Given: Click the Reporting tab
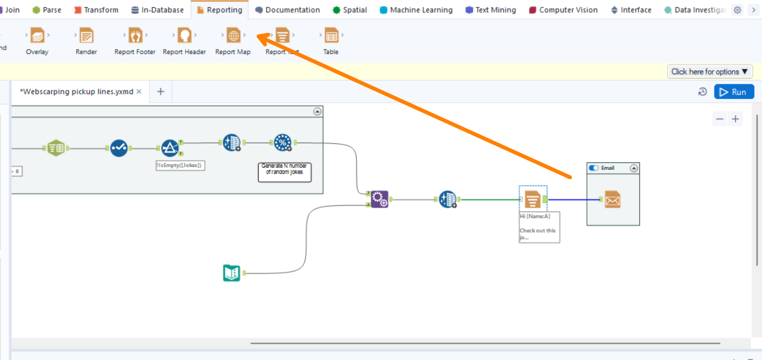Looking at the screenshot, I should [220, 10].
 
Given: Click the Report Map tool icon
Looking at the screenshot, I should [233, 36].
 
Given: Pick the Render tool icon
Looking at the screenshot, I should [86, 36].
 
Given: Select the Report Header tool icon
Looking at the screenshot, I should [184, 36].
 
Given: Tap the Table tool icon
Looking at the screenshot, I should [331, 36].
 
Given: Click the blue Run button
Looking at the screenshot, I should [734, 92].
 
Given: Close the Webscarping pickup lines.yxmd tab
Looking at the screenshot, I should [139, 91].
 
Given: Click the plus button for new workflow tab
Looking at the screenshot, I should [161, 91].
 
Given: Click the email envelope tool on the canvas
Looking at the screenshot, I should [613, 200].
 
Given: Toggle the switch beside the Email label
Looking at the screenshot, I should [594, 168].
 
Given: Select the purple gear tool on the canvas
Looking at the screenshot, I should [380, 200].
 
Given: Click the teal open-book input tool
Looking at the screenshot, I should [231, 272].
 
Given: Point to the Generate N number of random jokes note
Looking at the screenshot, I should [284, 172].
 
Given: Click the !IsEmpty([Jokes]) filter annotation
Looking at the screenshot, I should [180, 165].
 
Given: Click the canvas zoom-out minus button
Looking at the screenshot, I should [720, 119].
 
